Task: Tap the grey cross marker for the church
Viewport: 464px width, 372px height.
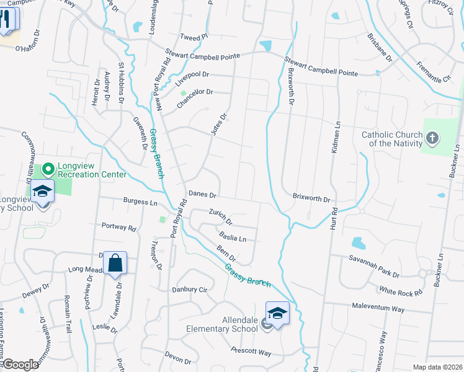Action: point(432,136)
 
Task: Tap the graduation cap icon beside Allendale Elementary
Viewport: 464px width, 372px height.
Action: point(277,312)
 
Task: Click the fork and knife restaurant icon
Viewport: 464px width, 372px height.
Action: point(7,17)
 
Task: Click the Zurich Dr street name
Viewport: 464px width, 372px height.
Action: point(220,217)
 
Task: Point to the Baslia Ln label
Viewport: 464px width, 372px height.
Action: point(233,237)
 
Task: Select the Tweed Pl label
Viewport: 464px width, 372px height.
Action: point(190,38)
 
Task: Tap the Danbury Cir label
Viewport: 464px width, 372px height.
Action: point(189,290)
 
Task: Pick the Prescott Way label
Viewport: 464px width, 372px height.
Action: point(251,352)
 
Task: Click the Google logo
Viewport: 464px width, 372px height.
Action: point(20,365)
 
